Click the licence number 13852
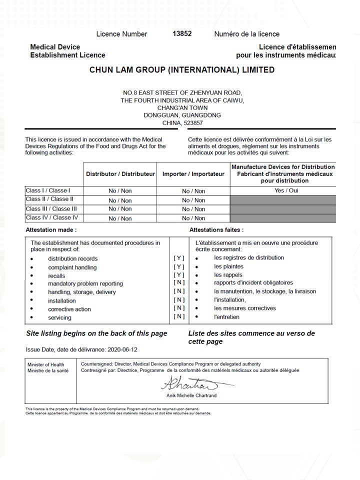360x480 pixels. [x=182, y=33]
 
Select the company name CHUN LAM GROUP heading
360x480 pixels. [x=181, y=70]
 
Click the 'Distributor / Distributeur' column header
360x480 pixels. [x=120, y=174]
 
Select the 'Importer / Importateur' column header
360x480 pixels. [x=193, y=174]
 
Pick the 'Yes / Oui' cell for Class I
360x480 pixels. [x=283, y=190]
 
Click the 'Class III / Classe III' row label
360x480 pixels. [x=51, y=208]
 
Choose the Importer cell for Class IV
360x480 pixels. [x=193, y=218]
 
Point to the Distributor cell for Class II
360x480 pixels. [x=120, y=200]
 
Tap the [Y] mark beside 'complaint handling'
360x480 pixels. [x=179, y=266]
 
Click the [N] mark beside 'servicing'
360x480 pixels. [x=179, y=316]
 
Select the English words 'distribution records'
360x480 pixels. [x=73, y=258]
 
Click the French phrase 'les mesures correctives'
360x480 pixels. [x=245, y=308]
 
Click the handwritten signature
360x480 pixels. [x=189, y=384]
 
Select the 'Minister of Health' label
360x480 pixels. [x=46, y=364]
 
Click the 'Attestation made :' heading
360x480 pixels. [x=51, y=230]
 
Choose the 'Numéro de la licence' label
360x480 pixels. [x=246, y=34]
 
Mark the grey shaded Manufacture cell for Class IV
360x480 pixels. [x=283, y=218]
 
